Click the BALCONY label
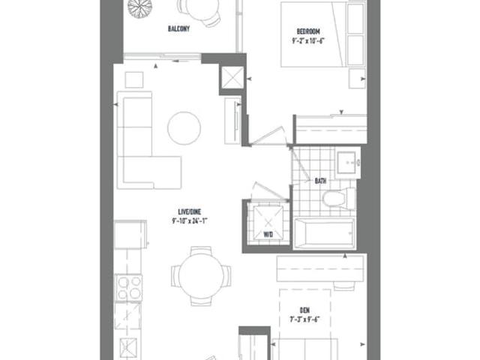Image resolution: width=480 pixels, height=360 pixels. (x=178, y=28)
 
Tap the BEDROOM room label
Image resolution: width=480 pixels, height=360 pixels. (x=308, y=31)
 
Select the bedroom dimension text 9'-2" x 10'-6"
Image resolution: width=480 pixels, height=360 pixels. (x=308, y=40)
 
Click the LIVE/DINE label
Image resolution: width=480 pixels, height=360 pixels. (x=190, y=211)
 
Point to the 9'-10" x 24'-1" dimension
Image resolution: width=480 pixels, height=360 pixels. (x=190, y=220)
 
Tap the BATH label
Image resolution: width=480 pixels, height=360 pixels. (x=320, y=181)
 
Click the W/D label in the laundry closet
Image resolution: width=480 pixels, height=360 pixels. (x=268, y=235)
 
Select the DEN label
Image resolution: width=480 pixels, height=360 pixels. (x=305, y=310)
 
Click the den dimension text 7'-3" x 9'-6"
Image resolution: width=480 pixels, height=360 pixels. (x=305, y=319)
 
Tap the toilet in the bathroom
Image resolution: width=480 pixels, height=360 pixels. (x=338, y=198)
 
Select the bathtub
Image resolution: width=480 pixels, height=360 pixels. (x=325, y=233)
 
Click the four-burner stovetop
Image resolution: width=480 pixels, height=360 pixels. (x=128, y=288)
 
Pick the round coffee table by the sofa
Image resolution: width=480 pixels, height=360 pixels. (x=184, y=128)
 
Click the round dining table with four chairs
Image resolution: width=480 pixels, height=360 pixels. (x=201, y=277)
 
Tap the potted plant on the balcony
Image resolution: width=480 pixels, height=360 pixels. (x=140, y=7)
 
